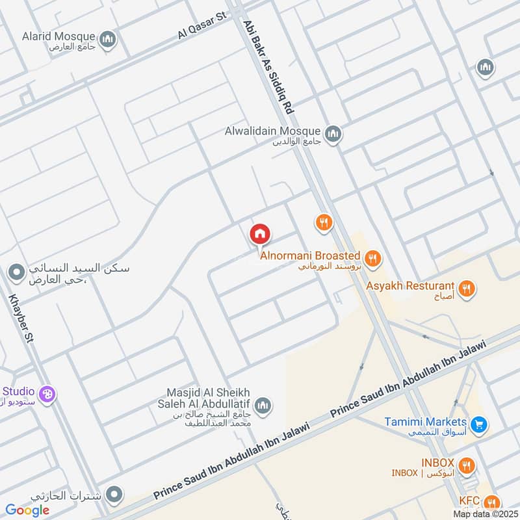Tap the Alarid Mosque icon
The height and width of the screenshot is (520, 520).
[x=108, y=39]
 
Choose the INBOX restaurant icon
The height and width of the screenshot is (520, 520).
[x=466, y=465]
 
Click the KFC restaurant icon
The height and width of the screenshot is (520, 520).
[x=491, y=502]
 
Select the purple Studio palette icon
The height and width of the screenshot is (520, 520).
[x=47, y=393]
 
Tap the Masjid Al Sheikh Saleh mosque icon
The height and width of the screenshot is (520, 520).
[x=263, y=407]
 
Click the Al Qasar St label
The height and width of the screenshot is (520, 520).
[x=201, y=25]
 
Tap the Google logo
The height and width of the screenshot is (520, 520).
[x=27, y=510]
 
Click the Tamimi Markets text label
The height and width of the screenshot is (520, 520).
[x=425, y=421]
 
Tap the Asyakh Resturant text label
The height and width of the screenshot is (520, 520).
[x=409, y=285]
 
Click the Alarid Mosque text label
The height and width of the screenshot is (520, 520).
[x=57, y=36]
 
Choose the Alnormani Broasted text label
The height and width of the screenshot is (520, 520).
[x=310, y=256]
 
